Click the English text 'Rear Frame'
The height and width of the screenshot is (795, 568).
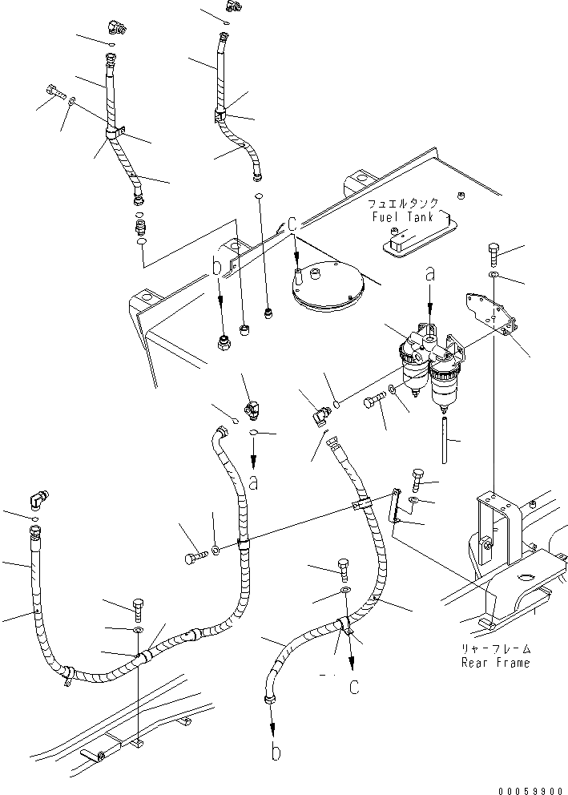click(x=496, y=663)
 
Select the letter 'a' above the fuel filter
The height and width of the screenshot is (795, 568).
click(x=430, y=274)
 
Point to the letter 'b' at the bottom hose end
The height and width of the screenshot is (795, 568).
click(x=276, y=752)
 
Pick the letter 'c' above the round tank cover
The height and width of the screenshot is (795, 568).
click(x=293, y=227)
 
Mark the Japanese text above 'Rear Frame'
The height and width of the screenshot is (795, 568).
click(x=496, y=650)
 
